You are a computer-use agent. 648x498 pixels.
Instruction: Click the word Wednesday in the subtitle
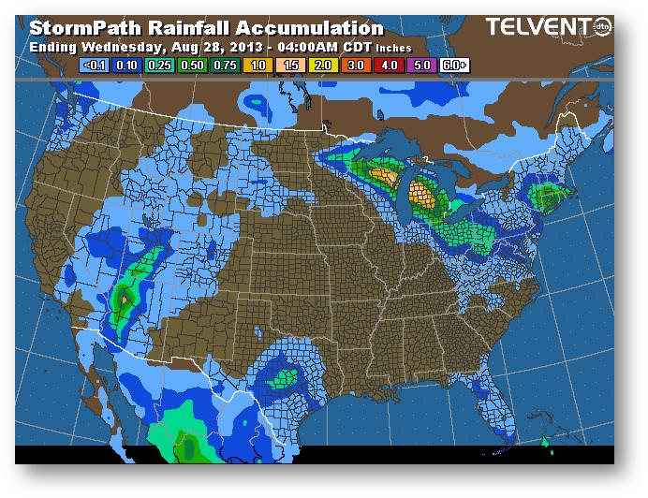[124, 46]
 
